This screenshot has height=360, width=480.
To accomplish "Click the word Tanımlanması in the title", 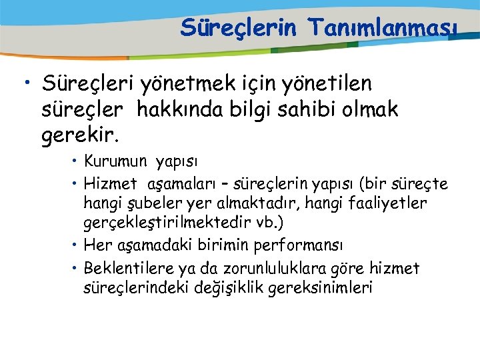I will pos(382,28).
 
